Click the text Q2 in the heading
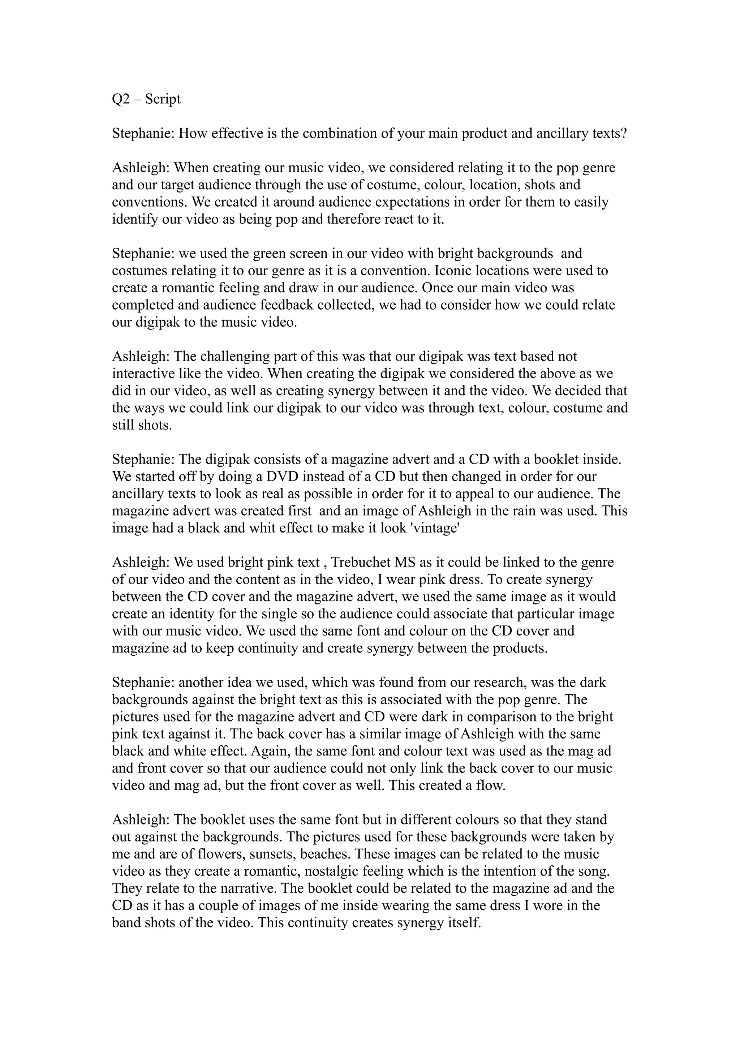click(121, 99)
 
